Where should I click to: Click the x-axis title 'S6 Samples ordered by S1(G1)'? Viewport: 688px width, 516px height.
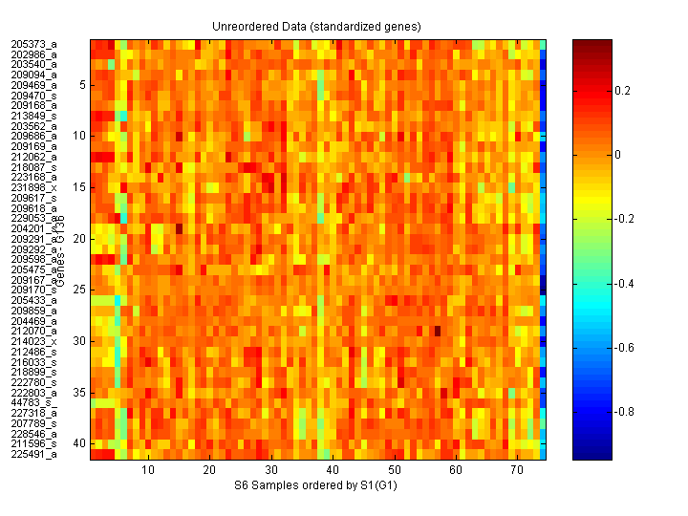click(x=318, y=486)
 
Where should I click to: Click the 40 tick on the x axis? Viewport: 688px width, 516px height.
click(x=333, y=471)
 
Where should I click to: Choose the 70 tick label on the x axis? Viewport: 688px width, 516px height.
click(x=517, y=471)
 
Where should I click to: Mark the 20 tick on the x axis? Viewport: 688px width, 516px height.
click(x=209, y=471)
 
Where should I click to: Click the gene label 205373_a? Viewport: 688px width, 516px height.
click(x=33, y=44)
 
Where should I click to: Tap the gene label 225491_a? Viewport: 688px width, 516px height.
click(x=33, y=455)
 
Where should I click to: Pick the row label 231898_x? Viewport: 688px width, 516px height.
click(x=33, y=187)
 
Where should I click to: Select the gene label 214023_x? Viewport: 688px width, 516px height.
click(x=33, y=341)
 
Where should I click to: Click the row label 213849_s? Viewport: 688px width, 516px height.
click(x=33, y=116)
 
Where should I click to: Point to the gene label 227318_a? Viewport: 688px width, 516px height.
click(x=33, y=414)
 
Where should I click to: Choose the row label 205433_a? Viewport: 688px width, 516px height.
click(x=33, y=300)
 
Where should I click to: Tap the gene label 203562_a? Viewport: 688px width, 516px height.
click(x=33, y=126)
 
